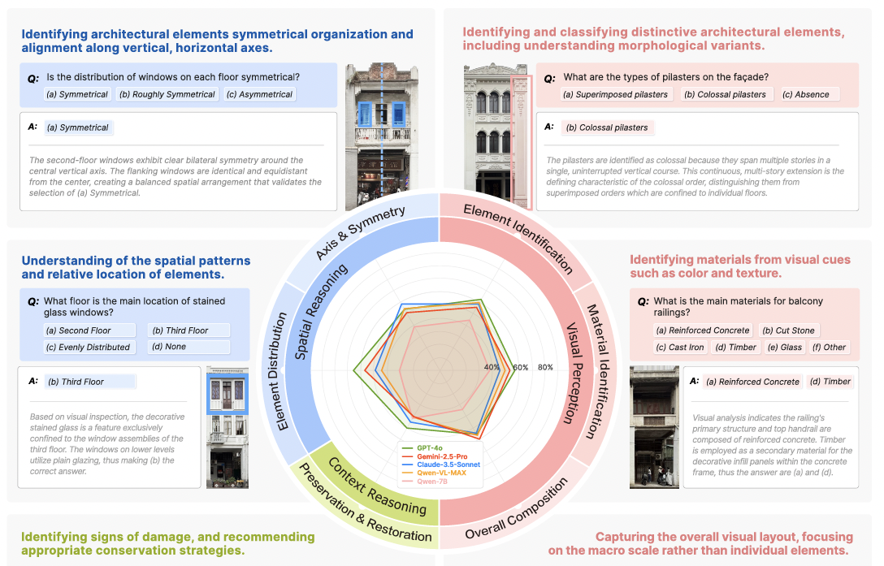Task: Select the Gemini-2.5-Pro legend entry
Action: pos(442,456)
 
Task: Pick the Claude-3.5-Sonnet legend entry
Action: pos(448,464)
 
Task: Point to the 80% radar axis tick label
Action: pos(545,367)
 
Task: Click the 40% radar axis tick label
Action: pos(492,367)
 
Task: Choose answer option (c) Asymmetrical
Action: pos(260,94)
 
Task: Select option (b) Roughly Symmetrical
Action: pos(167,94)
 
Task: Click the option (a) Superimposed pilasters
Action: pos(615,94)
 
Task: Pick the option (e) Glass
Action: pos(785,347)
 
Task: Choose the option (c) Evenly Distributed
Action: pos(88,347)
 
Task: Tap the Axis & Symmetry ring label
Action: pos(359,235)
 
